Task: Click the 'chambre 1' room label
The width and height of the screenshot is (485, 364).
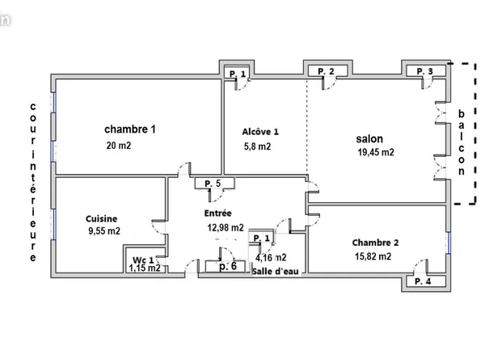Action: [x=130, y=129]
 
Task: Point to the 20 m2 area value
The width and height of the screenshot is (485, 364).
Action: [x=119, y=146]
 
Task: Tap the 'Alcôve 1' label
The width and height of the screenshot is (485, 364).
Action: [x=260, y=132]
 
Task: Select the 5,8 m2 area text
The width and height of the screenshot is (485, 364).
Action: [x=257, y=146]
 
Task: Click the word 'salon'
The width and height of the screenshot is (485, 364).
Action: [x=369, y=138]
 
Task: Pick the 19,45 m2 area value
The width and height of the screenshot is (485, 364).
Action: [x=376, y=152]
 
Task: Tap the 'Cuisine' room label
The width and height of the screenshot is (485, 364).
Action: [x=102, y=219]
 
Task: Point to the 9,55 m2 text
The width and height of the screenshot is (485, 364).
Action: [x=104, y=231]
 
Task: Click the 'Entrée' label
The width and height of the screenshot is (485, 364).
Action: [x=217, y=214]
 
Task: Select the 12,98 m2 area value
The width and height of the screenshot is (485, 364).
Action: [x=226, y=228]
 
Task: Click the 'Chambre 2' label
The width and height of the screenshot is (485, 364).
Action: [x=375, y=243]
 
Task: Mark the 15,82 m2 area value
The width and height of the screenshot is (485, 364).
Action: [x=373, y=256]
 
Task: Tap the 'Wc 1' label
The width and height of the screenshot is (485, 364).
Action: [x=143, y=260]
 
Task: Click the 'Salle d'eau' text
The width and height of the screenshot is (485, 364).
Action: [x=276, y=272]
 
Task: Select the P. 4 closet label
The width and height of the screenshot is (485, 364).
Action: [x=423, y=281]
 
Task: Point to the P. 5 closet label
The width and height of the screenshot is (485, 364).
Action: [x=213, y=184]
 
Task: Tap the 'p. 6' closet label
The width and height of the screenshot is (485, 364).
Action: [x=228, y=266]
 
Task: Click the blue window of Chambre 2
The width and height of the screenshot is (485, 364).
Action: [x=449, y=243]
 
